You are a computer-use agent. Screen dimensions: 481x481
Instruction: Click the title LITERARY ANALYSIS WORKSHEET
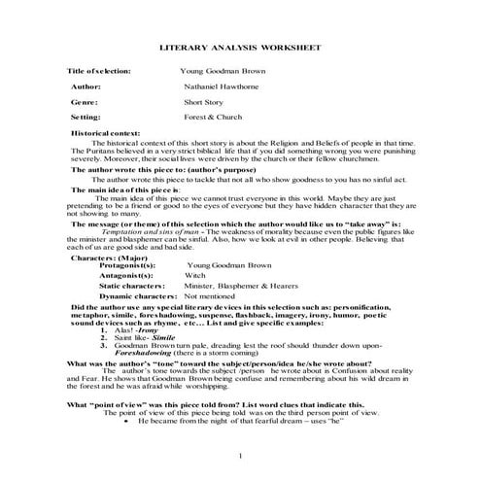point(240,48)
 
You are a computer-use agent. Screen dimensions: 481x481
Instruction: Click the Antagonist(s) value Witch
point(194,275)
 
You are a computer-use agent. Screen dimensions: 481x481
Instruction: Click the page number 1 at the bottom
point(240,454)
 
